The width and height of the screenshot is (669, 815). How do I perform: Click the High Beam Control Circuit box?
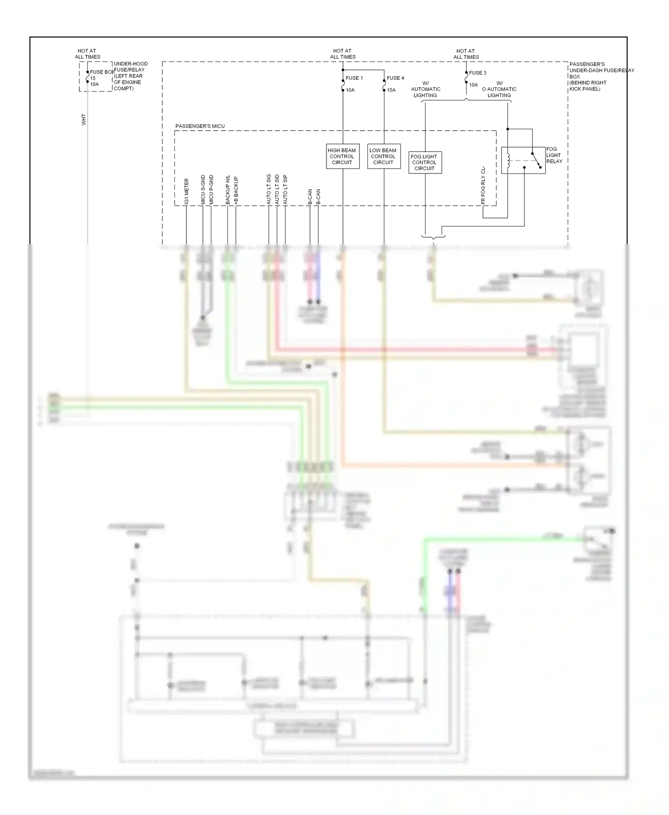tap(342, 156)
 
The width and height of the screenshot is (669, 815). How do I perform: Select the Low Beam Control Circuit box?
tap(383, 156)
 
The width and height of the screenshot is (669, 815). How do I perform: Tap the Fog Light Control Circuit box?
tap(425, 162)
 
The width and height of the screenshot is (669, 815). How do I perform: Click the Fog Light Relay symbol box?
tap(523, 160)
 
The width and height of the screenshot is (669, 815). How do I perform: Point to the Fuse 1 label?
tap(354, 78)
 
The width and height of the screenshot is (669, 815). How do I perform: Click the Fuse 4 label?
tap(395, 78)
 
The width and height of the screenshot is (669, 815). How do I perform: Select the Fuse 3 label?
tap(478, 73)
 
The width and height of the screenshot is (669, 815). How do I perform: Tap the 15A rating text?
tap(391, 90)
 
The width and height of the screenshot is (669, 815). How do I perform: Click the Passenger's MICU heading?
tap(200, 126)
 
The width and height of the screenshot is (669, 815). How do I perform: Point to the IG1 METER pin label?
tap(186, 192)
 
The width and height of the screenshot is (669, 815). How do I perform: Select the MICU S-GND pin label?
tap(203, 189)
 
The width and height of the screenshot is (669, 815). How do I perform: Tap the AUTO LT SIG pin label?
tap(269, 189)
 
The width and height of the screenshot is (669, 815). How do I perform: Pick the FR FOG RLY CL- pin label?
tap(483, 186)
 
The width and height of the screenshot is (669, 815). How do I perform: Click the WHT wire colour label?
tap(83, 119)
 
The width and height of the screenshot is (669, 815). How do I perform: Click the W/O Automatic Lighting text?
tap(499, 89)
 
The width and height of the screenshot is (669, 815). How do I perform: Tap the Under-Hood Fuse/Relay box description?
tap(130, 76)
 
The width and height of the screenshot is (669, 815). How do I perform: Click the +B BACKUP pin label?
tap(236, 190)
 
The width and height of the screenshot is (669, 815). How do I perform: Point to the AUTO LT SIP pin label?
tap(285, 189)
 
